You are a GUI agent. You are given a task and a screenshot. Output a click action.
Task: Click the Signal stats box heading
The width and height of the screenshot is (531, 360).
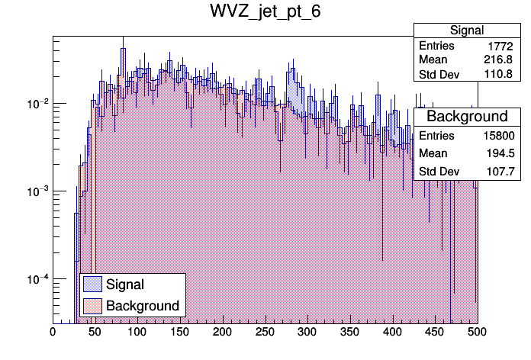[467, 31]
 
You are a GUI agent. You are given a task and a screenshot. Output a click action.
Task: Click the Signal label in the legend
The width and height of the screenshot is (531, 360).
[125, 284]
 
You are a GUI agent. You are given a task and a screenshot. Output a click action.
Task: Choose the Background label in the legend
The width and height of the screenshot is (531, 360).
[143, 306]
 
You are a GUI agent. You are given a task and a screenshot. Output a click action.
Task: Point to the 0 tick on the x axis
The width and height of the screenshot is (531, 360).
[53, 333]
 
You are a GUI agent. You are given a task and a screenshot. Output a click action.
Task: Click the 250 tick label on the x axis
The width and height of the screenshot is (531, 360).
[265, 333]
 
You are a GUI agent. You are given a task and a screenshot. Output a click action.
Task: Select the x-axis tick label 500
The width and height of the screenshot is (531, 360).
[477, 333]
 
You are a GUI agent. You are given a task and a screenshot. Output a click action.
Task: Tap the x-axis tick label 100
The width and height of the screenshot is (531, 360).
[137, 333]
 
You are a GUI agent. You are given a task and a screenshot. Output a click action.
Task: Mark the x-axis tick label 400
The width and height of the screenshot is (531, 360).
[392, 333]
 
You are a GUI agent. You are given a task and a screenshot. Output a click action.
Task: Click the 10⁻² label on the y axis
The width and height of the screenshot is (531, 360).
[35, 103]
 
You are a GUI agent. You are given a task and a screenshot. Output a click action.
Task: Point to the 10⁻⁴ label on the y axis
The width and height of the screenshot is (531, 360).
[35, 278]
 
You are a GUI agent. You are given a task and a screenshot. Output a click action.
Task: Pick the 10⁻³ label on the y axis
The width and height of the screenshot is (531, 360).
[35, 191]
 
